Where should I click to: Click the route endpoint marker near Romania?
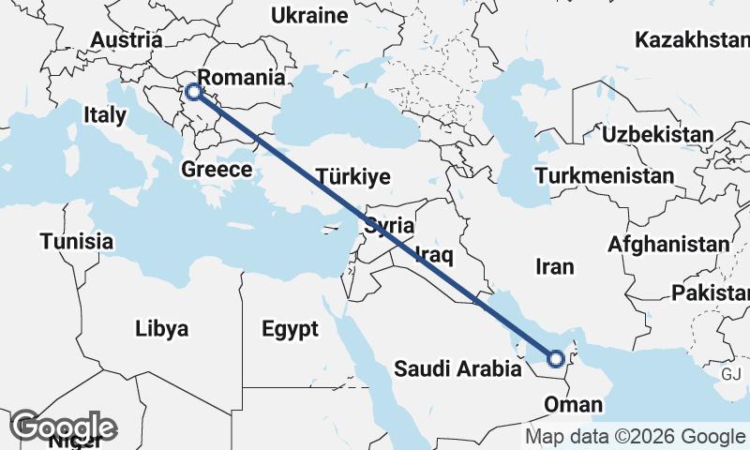[193, 92]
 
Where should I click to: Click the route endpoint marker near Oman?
[556, 358]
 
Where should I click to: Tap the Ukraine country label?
[308, 15]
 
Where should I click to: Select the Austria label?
[127, 40]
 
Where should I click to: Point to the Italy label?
[104, 115]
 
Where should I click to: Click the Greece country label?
[217, 170]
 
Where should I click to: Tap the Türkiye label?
[352, 176]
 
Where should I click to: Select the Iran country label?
[554, 267]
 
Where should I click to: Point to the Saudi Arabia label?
[457, 369]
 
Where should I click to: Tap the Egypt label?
[291, 329]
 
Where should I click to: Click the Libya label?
[162, 329]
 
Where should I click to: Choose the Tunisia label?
[77, 242]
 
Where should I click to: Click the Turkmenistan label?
[604, 175]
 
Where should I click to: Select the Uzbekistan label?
[657, 134]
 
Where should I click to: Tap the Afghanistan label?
[668, 245]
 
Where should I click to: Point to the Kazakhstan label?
[692, 40]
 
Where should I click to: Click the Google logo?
[63, 427]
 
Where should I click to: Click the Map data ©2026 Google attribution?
[634, 437]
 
